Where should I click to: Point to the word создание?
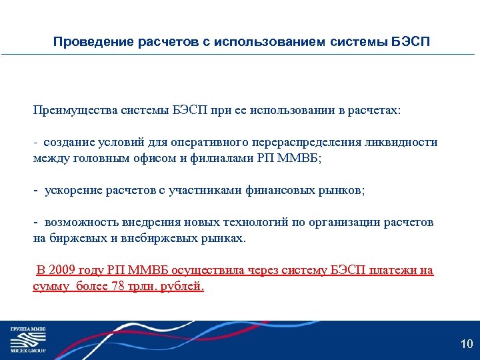(69, 142)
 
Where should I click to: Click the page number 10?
(467, 344)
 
